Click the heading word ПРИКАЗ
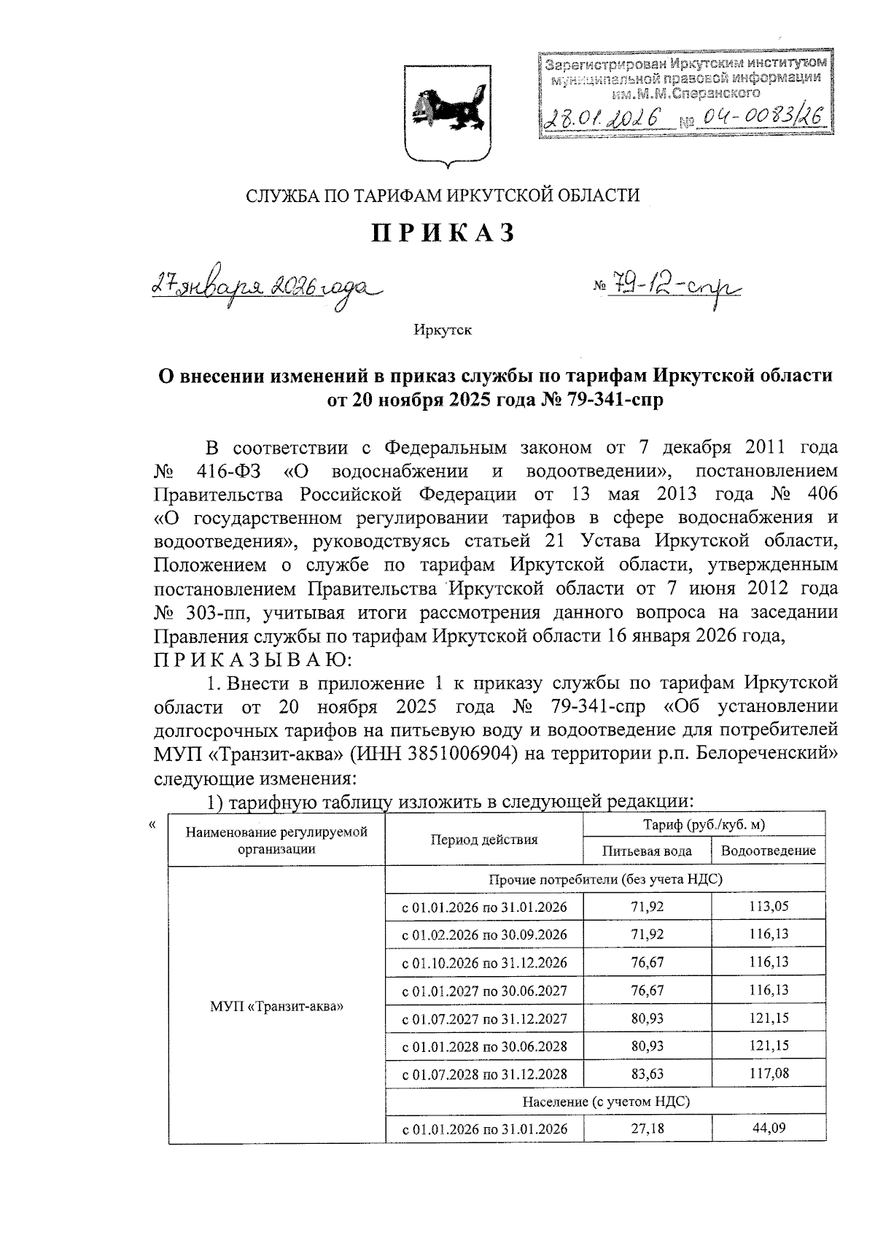point(444,233)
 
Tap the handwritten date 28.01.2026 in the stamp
point(603,118)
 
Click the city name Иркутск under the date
point(443,330)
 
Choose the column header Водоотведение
point(768,851)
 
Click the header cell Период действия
point(484,839)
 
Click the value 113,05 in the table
point(768,907)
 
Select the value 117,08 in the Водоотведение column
point(768,1074)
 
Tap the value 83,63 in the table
point(647,1074)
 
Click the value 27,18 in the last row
point(647,1129)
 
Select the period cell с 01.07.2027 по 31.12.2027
point(484,1019)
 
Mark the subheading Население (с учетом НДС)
point(605,1101)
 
